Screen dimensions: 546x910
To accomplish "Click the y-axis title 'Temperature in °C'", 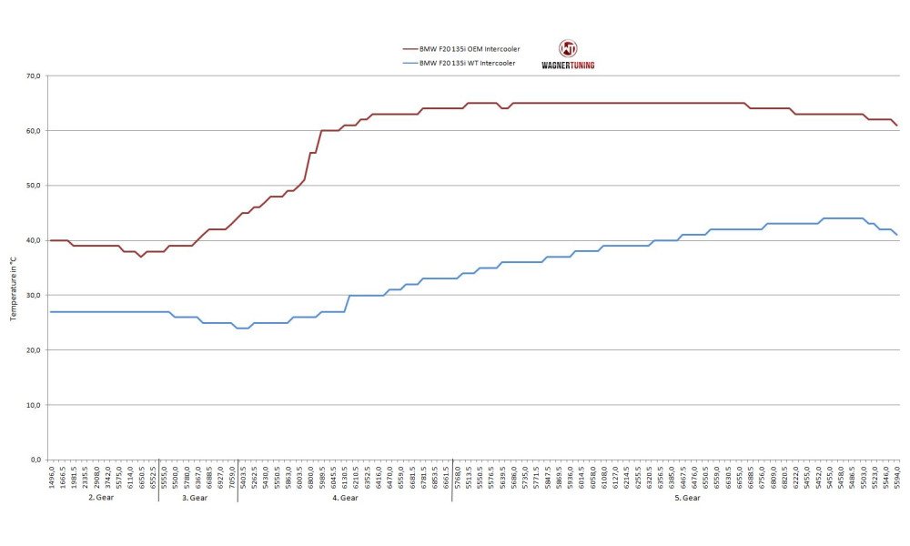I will click(x=14, y=287).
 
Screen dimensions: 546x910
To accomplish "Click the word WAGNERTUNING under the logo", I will click(x=568, y=65).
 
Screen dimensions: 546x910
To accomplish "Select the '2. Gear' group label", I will click(x=102, y=498).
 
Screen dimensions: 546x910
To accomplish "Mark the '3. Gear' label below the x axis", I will click(x=196, y=498).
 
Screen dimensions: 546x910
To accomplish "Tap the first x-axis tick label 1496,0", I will click(x=51, y=474).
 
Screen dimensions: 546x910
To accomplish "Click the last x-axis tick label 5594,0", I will click(x=897, y=474).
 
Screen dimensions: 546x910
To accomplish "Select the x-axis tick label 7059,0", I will click(x=231, y=474).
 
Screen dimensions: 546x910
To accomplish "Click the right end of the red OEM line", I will click(x=897, y=126).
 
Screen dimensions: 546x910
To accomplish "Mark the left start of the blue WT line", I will click(x=50, y=312).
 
